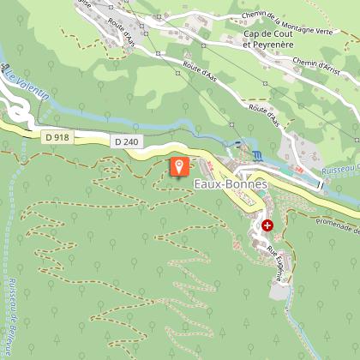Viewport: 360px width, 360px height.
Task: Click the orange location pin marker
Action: [x=179, y=167]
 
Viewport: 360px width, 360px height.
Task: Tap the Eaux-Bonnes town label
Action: [x=231, y=185]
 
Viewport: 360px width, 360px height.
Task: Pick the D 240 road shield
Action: [x=125, y=141]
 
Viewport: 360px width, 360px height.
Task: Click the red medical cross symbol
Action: [x=267, y=225]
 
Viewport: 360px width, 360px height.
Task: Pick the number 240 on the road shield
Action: [x=129, y=141]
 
